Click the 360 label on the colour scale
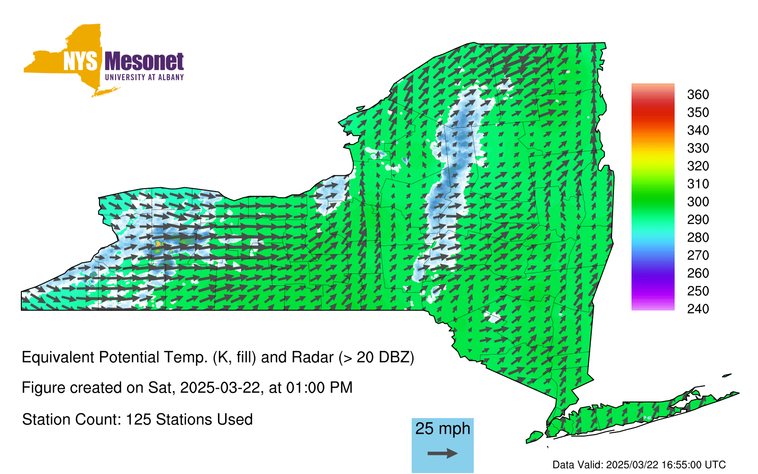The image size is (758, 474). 698,94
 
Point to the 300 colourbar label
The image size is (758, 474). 698,202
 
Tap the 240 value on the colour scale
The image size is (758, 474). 698,309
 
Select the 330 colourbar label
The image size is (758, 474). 698,148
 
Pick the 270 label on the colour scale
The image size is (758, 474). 698,255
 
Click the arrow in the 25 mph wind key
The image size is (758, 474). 442,453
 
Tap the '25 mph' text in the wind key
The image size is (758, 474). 442,428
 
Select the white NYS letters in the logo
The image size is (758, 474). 80,61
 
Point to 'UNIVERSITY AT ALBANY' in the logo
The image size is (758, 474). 144,77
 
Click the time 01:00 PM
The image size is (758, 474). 319,388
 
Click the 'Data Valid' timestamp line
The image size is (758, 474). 639,465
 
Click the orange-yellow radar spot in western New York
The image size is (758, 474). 158,244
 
